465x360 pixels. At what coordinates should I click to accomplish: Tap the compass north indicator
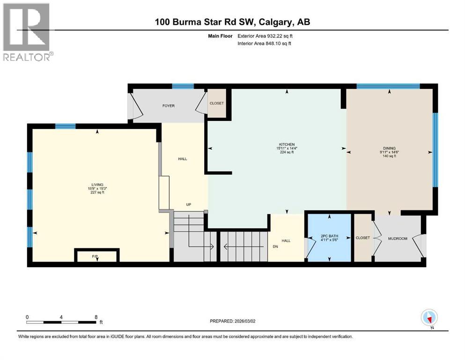[x=429, y=318]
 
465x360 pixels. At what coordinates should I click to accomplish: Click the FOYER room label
[x=168, y=106]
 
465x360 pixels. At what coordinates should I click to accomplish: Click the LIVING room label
[x=97, y=185]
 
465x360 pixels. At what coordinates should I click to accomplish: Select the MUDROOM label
[x=398, y=239]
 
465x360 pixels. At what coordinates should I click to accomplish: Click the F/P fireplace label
[x=97, y=256]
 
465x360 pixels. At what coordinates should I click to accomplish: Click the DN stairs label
[x=276, y=246]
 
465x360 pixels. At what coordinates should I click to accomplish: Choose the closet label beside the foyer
[x=216, y=103]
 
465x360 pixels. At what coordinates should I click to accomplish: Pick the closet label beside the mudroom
[x=363, y=238]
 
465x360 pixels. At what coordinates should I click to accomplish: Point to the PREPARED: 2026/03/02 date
[x=235, y=321]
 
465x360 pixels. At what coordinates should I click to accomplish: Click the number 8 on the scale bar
[x=96, y=317]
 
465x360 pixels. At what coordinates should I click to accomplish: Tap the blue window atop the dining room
[x=388, y=86]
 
